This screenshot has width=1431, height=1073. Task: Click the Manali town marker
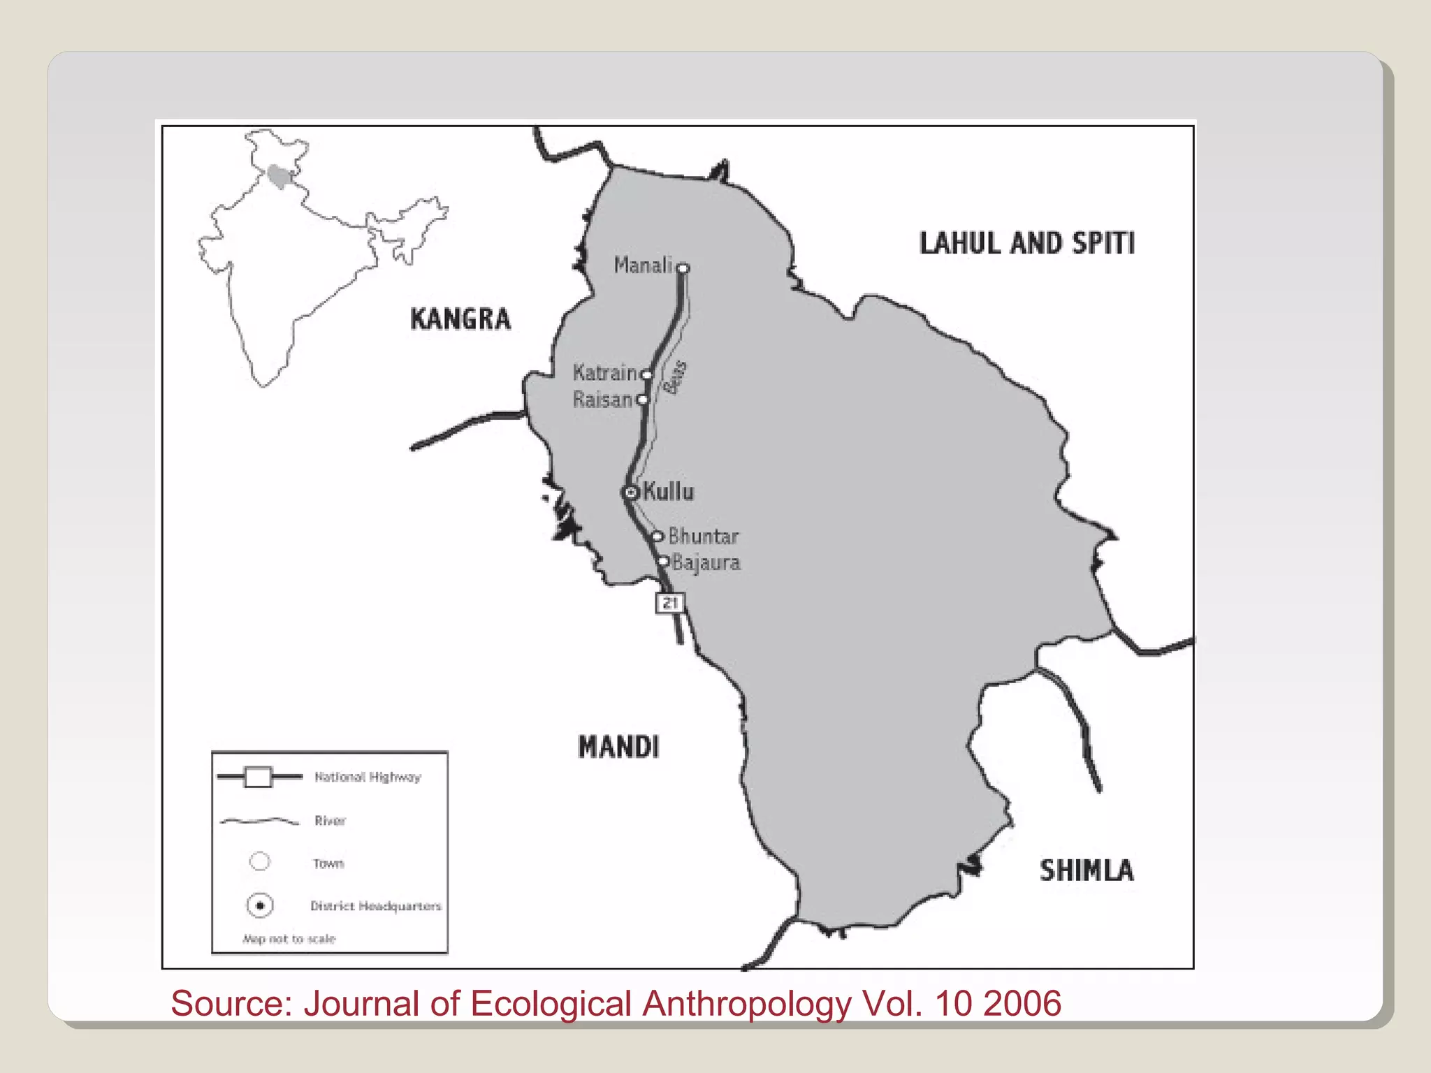point(683,268)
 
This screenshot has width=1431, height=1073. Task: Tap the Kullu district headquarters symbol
point(630,492)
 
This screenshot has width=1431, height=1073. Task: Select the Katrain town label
point(604,373)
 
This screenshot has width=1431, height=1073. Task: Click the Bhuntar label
point(703,536)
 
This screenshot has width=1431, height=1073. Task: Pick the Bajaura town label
point(706,562)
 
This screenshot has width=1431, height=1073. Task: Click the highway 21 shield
point(669,602)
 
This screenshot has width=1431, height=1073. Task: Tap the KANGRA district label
point(460,319)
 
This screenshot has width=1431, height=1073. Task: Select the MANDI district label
point(618,747)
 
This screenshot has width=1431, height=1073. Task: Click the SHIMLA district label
point(1087,870)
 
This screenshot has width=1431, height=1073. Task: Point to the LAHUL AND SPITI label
point(1026,243)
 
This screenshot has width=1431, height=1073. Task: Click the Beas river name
point(675,377)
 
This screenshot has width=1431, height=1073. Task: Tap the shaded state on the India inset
point(279,177)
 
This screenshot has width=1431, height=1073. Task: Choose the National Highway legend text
point(368,777)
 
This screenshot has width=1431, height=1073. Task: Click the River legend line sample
point(259,821)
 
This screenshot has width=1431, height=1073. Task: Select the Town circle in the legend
point(259,862)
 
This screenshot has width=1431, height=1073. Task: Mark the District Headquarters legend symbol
point(259,906)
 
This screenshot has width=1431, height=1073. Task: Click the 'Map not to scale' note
point(289,939)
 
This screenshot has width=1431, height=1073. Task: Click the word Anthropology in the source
point(746,1005)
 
